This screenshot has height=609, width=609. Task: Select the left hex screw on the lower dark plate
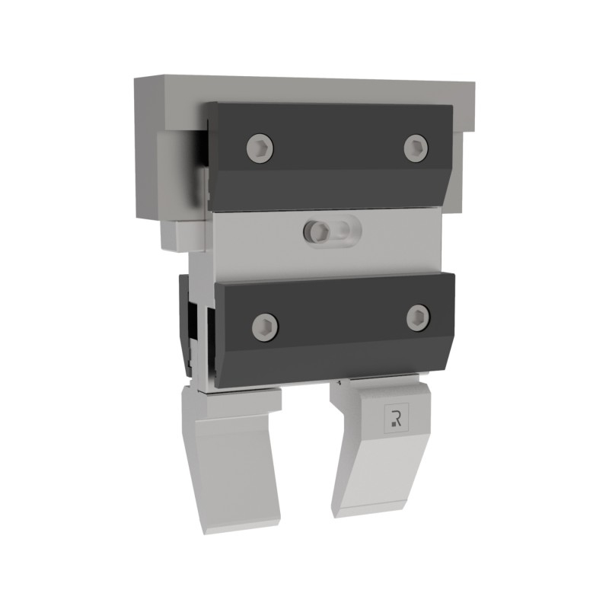click(265, 326)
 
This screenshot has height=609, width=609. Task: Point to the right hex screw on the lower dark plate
click(419, 317)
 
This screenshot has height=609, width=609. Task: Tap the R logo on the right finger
click(396, 417)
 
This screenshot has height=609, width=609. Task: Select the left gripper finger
click(232, 464)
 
